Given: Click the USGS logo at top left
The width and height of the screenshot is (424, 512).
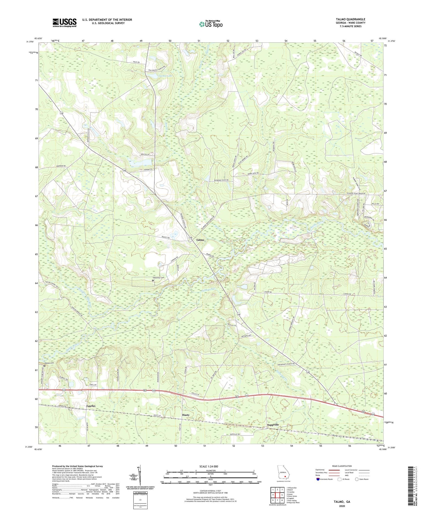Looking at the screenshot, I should coord(64,23).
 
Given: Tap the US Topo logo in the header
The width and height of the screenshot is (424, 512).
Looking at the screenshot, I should coord(211,24).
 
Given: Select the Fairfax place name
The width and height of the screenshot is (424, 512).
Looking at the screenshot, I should coord(91,406).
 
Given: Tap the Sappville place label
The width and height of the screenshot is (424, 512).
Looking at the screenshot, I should coord(273,425).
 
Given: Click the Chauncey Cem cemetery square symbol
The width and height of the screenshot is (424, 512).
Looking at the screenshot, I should coord(153,281).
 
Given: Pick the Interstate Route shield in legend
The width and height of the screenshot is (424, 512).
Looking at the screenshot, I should coord(319,479).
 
